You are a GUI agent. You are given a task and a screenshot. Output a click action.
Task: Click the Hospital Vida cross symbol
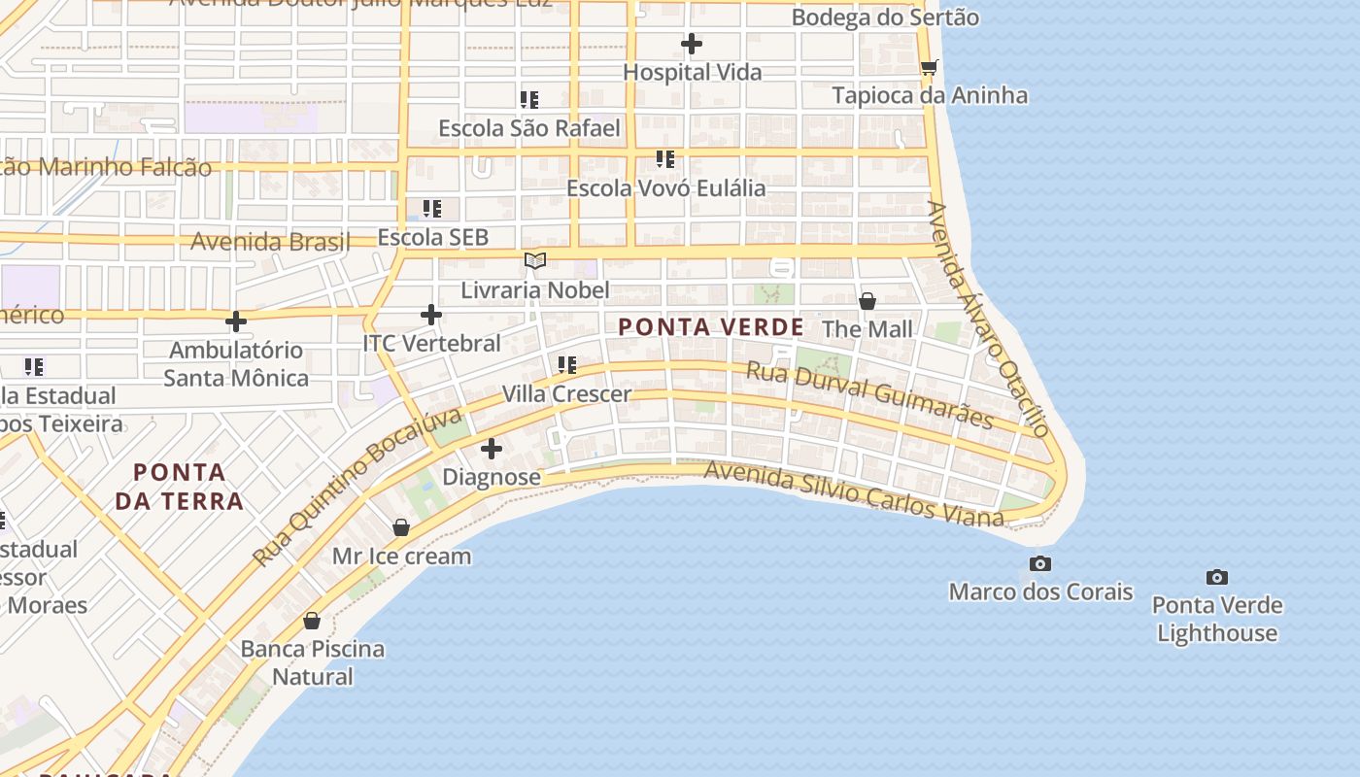[692, 44]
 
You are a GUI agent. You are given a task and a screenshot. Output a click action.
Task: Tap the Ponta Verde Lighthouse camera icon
[1217, 577]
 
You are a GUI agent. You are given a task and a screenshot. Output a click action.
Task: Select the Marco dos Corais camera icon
[1040, 563]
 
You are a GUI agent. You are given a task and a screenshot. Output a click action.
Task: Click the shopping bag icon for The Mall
[867, 301]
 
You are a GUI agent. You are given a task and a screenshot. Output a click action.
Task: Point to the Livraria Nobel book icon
[535, 260]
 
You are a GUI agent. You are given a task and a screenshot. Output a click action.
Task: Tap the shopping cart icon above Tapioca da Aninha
[930, 67]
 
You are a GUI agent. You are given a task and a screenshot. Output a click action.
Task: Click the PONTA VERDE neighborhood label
[711, 327]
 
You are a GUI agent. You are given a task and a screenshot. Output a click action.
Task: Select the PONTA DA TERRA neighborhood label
[179, 487]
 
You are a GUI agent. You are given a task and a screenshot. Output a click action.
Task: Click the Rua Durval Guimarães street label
[869, 394]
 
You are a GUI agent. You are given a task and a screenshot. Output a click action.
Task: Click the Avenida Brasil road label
[270, 241]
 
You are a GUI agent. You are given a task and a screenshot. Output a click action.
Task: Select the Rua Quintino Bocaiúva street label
[358, 488]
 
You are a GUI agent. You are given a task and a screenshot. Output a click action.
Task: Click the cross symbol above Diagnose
[492, 449]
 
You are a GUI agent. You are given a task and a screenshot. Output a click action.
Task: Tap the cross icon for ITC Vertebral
[431, 315]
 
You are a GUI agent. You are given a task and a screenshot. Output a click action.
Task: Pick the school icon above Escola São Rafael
[529, 99]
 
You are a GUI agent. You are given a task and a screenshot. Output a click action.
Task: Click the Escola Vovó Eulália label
[666, 187]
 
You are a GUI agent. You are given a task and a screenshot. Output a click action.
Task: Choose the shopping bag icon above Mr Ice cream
[400, 527]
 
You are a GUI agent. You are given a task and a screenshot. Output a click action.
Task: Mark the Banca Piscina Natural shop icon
[312, 620]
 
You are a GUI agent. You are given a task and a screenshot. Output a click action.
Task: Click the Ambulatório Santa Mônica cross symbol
[236, 321]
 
